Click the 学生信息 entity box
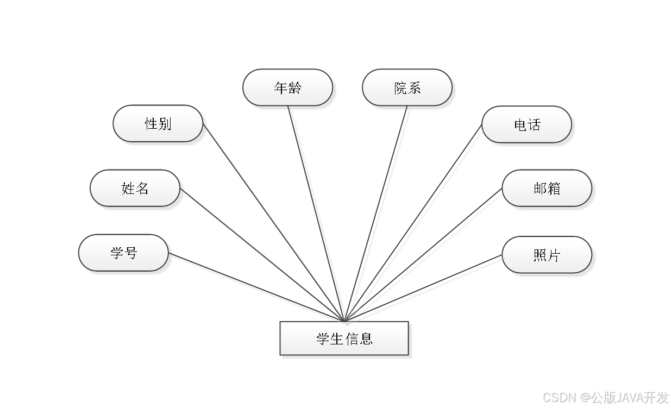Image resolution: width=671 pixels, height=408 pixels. coord(344,338)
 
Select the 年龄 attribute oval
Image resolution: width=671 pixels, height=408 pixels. coord(287,87)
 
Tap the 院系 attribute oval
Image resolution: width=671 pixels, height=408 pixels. coord(407,87)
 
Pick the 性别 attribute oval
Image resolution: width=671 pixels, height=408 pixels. coord(158,124)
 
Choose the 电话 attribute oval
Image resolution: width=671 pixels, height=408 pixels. coord(526,125)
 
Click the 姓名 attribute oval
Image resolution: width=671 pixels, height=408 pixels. coord(135,189)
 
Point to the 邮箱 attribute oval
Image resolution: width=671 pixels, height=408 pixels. coord(547,189)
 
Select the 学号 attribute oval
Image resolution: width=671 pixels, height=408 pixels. coord(123,253)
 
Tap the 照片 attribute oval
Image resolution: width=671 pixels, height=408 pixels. coord(547,255)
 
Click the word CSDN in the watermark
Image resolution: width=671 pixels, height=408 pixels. coord(559,397)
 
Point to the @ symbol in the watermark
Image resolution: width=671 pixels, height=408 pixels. coord(584,397)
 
